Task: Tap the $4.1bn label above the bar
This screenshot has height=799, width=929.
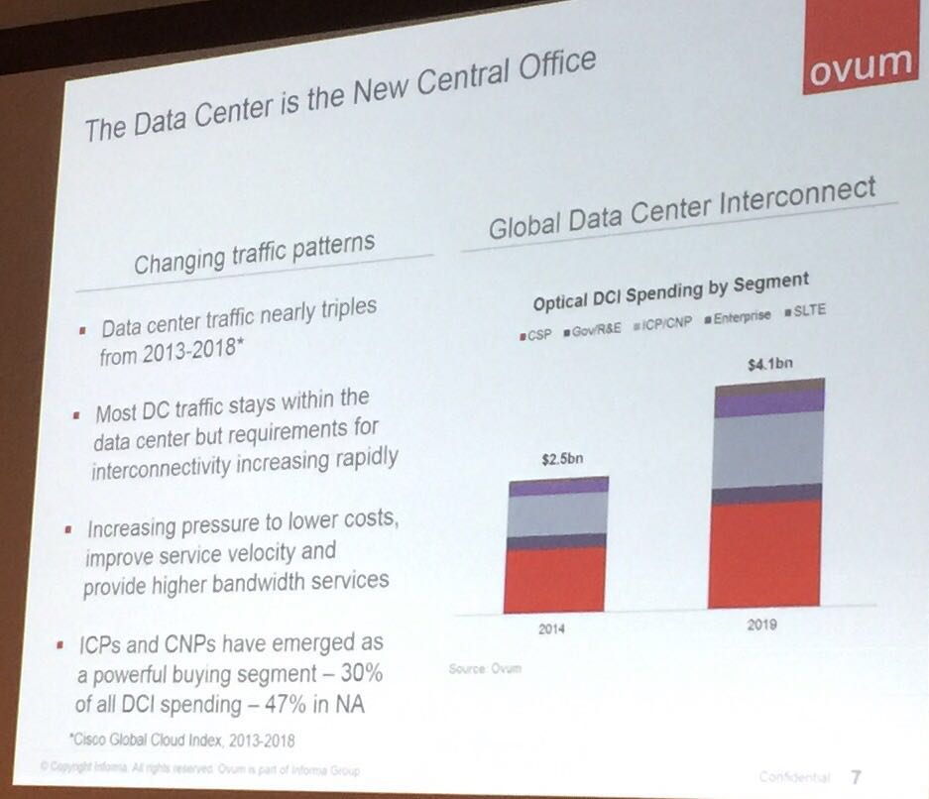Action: pyautogui.click(x=770, y=364)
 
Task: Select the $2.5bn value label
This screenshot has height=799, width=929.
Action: pyautogui.click(x=561, y=460)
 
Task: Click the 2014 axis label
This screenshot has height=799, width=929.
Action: pyautogui.click(x=551, y=629)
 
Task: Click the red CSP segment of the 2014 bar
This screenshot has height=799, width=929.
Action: pyautogui.click(x=554, y=579)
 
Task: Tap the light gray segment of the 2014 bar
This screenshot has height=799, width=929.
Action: pyautogui.click(x=556, y=514)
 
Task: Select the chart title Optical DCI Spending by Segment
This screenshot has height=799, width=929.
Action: pyautogui.click(x=671, y=291)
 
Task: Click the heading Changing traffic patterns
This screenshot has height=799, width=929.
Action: pyautogui.click(x=254, y=253)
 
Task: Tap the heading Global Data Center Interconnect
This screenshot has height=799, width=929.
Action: pyautogui.click(x=682, y=210)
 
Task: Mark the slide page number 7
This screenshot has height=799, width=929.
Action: pyautogui.click(x=855, y=776)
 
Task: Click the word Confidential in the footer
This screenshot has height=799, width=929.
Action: pyautogui.click(x=794, y=777)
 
